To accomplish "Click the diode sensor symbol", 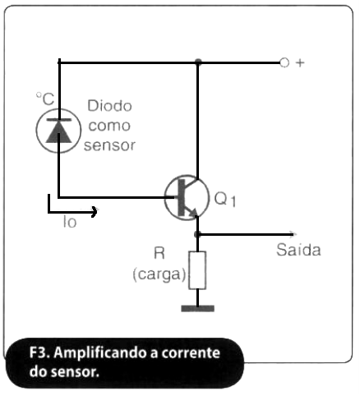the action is pyautogui.click(x=58, y=131).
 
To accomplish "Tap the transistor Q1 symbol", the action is pyautogui.click(x=187, y=197).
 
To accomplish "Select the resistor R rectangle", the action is pyautogui.click(x=197, y=270).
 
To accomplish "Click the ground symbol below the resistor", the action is pyautogui.click(x=197, y=309).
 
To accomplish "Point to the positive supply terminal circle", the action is pyautogui.click(x=284, y=62).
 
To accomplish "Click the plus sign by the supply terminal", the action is pyautogui.click(x=300, y=63).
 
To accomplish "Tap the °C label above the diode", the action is pyautogui.click(x=45, y=99).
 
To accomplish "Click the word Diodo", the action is pyautogui.click(x=109, y=106).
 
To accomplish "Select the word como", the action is pyautogui.click(x=109, y=126).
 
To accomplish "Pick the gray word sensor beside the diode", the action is pyautogui.click(x=109, y=145).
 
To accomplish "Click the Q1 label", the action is pyautogui.click(x=224, y=199).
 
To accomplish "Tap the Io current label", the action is pyautogui.click(x=70, y=222).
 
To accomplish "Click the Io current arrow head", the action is pyautogui.click(x=95, y=212).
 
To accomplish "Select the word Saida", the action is pyautogui.click(x=298, y=250).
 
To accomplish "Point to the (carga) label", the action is pyautogui.click(x=159, y=274).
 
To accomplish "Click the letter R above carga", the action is pyautogui.click(x=159, y=253).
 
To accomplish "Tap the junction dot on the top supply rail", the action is pyautogui.click(x=198, y=62).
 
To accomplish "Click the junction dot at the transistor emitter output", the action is pyautogui.click(x=197, y=234).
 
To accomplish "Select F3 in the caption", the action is pyautogui.click(x=39, y=352).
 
